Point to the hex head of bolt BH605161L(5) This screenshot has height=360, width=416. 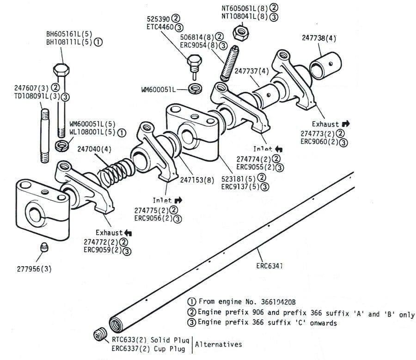61,71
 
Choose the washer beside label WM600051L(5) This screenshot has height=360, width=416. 61,146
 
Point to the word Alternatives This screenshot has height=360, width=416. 218,344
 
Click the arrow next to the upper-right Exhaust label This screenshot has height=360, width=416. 346,124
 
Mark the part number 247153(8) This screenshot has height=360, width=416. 197,179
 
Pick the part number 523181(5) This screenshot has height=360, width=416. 236,178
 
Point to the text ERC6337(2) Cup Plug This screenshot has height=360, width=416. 151,349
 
